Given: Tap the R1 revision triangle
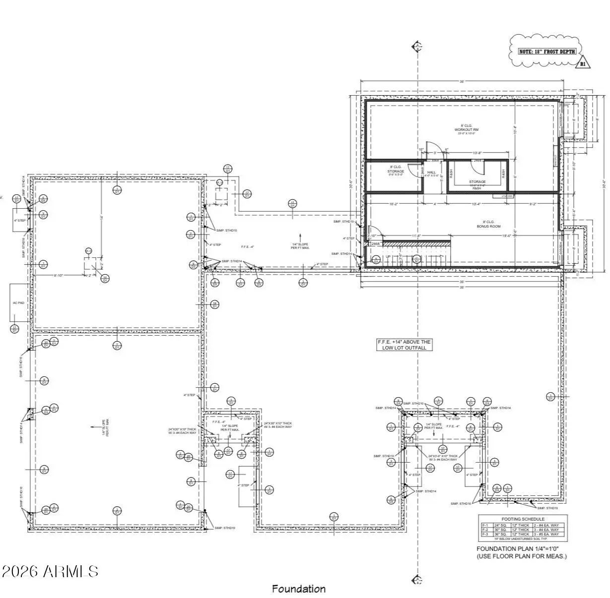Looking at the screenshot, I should click(583, 63).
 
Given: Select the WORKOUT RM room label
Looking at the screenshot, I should click(466, 130).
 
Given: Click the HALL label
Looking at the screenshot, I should click(431, 172).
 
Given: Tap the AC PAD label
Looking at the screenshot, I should click(18, 302).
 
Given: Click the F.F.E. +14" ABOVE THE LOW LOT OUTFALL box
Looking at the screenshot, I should click(404, 345).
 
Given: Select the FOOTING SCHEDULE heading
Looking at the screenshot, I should click(523, 519).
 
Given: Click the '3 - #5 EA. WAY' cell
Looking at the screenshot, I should click(548, 535).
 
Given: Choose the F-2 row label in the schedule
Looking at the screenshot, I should click(485, 530).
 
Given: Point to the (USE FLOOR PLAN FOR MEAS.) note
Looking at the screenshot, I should click(521, 556).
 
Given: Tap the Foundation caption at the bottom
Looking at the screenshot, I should click(298, 589).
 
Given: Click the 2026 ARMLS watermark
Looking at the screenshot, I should click(50, 571).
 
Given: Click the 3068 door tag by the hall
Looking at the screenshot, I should click(435, 161).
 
